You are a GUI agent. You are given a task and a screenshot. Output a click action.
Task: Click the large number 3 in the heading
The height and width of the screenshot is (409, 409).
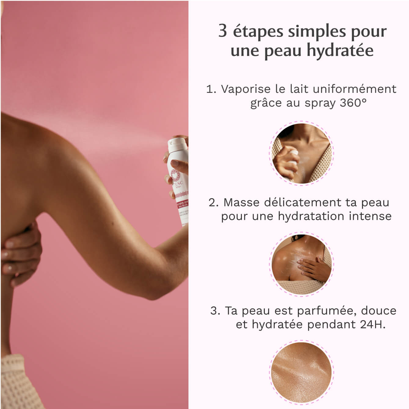(223, 31)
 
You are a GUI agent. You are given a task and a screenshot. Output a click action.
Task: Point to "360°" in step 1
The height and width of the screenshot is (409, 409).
(353, 103)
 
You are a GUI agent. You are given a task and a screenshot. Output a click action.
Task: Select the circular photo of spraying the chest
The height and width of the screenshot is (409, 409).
(301, 153)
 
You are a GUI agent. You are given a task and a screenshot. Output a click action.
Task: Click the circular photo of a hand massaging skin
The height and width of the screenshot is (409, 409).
(301, 264)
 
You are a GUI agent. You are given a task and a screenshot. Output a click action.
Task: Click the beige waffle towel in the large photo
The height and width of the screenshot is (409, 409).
(14, 382)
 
